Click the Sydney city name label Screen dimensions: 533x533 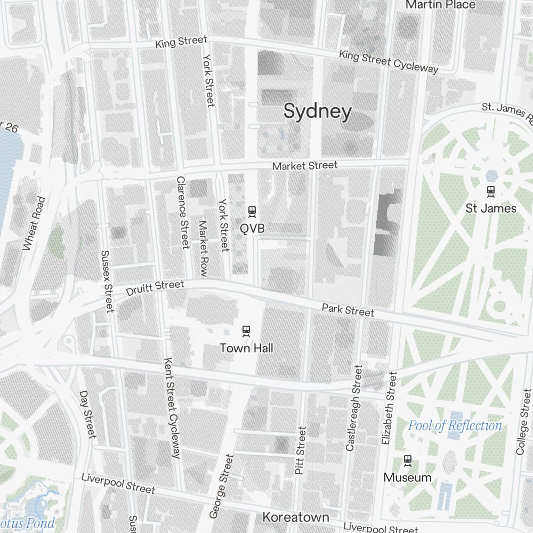(318, 112)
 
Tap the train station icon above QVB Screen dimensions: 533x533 (252, 212)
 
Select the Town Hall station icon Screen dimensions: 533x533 (246, 331)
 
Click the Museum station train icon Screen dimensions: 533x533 (408, 460)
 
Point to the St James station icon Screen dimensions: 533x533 (491, 190)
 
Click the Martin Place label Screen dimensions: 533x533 (440, 5)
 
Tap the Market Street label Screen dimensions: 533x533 (304, 166)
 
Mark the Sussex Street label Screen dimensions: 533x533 (107, 281)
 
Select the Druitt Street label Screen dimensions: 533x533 (155, 288)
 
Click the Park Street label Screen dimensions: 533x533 (348, 310)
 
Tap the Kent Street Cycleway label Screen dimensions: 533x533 (172, 408)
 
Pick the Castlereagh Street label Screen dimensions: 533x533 (353, 408)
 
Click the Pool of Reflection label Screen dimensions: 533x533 (455, 425)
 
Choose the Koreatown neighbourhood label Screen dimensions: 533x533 (296, 517)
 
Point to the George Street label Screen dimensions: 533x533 (222, 486)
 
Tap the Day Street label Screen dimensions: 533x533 (87, 414)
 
